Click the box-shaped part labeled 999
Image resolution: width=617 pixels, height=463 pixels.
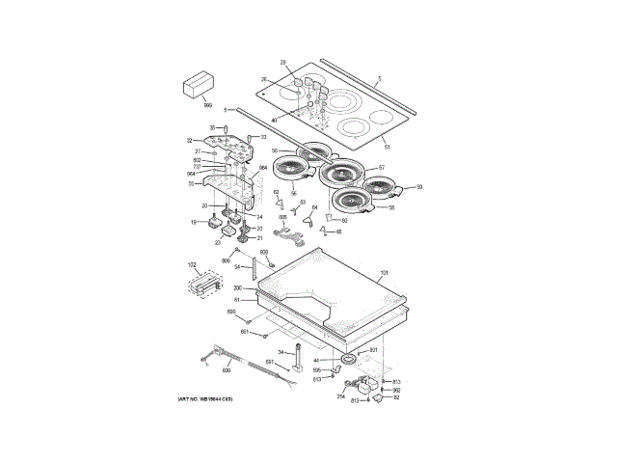197,85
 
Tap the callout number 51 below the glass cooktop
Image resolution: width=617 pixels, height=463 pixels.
387,147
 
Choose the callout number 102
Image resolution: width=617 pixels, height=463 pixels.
191,264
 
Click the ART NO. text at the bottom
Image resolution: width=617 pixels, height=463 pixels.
205,398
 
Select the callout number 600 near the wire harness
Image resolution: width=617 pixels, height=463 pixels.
227,370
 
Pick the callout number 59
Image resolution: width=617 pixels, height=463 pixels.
419,187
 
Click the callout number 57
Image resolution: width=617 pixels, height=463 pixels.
381,168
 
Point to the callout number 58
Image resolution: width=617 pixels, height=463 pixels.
391,207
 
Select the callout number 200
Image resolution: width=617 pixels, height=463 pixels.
237,287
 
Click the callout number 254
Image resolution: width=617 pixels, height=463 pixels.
340,395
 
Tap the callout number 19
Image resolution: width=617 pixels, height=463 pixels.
193,223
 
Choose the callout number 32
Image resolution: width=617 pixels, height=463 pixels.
190,141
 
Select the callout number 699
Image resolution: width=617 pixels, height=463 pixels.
231,312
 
